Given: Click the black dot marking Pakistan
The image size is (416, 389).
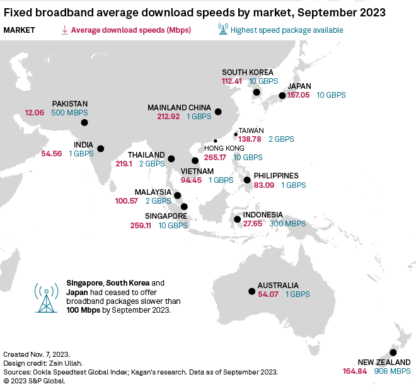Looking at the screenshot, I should click(84, 123).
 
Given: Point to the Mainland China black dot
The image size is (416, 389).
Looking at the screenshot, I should click(218, 112).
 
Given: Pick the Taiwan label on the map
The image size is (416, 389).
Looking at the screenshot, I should click(251, 131).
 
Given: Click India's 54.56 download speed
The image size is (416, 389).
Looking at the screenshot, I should click(52, 153).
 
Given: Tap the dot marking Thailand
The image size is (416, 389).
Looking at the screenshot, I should click(171, 158).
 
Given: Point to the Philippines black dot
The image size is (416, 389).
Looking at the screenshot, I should click(248, 180).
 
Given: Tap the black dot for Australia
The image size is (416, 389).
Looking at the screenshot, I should click(252, 291).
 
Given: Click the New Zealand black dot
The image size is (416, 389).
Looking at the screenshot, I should click(393, 353).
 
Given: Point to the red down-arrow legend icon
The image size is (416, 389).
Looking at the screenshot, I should click(64, 30).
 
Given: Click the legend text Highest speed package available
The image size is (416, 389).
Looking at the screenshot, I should click(287, 30).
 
